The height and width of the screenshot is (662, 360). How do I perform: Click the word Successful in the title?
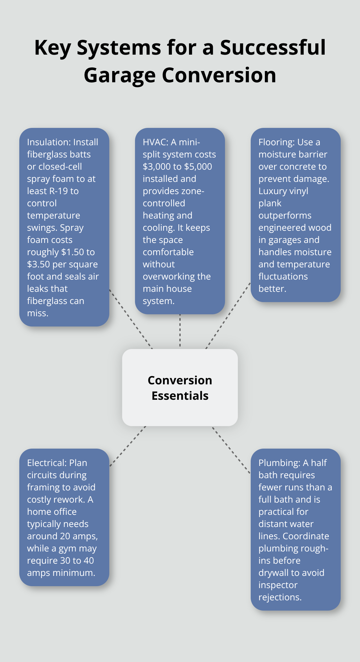[x=273, y=48]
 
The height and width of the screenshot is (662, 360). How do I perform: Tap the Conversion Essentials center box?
[x=180, y=388]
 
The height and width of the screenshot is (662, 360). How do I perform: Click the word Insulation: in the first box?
[x=49, y=142]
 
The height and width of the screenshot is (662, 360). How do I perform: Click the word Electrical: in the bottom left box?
[x=47, y=463]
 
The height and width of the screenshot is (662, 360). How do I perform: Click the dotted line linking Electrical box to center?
[x=128, y=446]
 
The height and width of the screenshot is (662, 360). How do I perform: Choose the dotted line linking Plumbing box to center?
[x=231, y=450]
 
